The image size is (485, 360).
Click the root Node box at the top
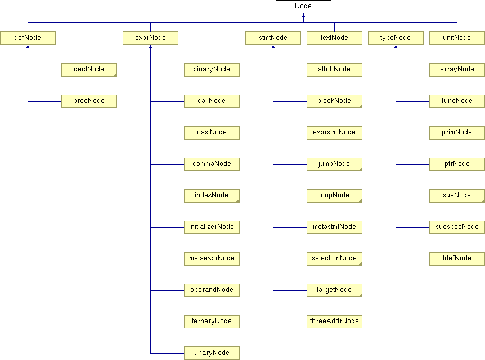[303, 7]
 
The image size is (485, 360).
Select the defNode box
[28, 38]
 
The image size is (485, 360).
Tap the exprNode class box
[150, 38]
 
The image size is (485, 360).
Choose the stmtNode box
[273, 38]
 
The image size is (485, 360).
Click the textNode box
[334, 38]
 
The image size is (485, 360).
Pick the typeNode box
[396, 38]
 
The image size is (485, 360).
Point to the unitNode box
[457, 38]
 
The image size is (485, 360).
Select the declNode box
[89, 70]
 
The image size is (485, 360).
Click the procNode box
[89, 101]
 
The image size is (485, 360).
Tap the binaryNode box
[212, 70]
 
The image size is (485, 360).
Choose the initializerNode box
[212, 227]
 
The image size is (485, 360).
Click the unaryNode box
[212, 353]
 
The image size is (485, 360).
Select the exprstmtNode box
[334, 133]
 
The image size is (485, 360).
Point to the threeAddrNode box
[334, 322]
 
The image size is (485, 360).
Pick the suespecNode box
[457, 227]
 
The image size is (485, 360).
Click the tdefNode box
[457, 259]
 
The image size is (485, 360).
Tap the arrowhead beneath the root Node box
[303, 16]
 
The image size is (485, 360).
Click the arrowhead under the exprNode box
[150, 48]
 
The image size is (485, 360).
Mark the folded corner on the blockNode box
[359, 105]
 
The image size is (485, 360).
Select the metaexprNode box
[212, 259]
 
